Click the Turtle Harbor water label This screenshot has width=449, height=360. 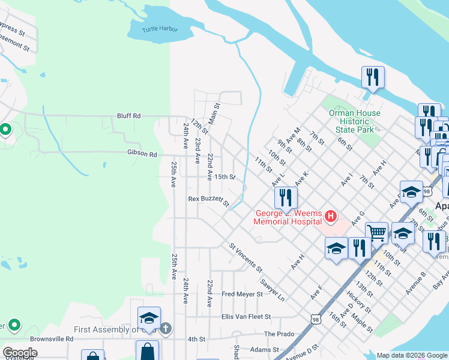160,29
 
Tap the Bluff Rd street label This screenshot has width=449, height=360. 128,116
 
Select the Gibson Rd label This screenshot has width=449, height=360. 142,154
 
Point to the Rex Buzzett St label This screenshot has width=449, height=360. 209,200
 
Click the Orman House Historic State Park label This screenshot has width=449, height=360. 354,121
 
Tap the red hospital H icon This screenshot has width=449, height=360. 330,216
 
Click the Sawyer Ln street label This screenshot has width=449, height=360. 273,289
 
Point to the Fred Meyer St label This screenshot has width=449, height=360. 242,294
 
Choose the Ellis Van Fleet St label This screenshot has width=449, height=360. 246,316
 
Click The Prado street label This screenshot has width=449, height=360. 279,334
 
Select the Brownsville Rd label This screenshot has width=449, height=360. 53,339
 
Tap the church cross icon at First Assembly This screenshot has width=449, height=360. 166,329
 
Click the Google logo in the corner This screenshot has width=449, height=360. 19,353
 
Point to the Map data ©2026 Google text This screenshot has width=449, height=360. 411,355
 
